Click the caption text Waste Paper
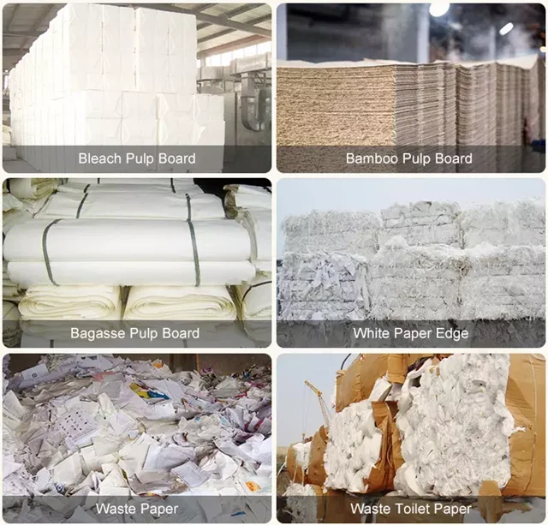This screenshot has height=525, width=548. (x=136, y=509)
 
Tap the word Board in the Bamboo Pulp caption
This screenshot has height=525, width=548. (x=453, y=158)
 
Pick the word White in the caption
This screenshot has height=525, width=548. (x=372, y=333)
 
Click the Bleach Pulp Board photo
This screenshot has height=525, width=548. (x=137, y=77)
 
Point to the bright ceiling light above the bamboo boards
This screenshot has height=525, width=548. (x=439, y=8)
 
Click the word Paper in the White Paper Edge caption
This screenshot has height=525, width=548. (x=413, y=333)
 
